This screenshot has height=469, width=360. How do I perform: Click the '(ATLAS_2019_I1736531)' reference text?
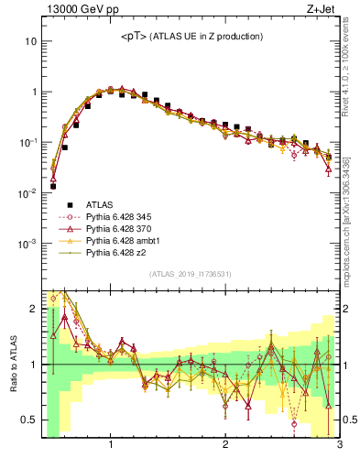[x=191, y=273]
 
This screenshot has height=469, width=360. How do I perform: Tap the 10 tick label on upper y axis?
[x=30, y=42]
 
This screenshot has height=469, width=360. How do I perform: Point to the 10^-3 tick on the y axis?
[x=26, y=244]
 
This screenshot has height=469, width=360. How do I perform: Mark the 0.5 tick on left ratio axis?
[x=27, y=420]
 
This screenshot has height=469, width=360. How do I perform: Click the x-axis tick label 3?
[x=339, y=446]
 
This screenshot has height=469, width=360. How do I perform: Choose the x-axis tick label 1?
[x=111, y=446]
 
